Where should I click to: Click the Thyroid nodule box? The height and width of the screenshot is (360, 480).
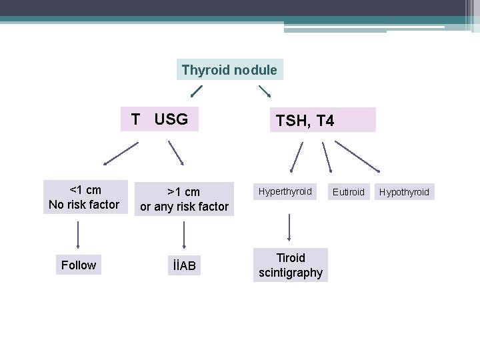tap(229, 69)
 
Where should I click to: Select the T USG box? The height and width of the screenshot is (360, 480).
tap(160, 119)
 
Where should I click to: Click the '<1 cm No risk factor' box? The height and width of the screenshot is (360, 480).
tap(84, 197)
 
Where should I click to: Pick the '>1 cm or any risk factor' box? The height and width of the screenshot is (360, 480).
tap(184, 199)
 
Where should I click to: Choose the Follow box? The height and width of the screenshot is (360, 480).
tap(79, 265)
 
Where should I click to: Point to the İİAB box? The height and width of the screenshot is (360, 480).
tap(183, 266)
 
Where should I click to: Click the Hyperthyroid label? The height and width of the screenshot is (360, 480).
tap(285, 191)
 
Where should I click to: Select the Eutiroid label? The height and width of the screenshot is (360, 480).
tap(349, 192)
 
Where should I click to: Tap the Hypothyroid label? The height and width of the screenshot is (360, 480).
tap(404, 192)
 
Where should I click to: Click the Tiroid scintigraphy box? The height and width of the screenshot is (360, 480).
tap(291, 265)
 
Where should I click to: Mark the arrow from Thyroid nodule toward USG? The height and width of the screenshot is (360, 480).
tap(195, 91)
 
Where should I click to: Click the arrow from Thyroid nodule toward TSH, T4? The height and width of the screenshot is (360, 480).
tap(265, 90)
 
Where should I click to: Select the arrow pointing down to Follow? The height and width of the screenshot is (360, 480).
tap(79, 234)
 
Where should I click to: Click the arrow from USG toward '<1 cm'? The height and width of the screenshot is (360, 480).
tap(121, 153)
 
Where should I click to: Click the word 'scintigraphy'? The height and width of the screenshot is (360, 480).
tap(291, 272)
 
